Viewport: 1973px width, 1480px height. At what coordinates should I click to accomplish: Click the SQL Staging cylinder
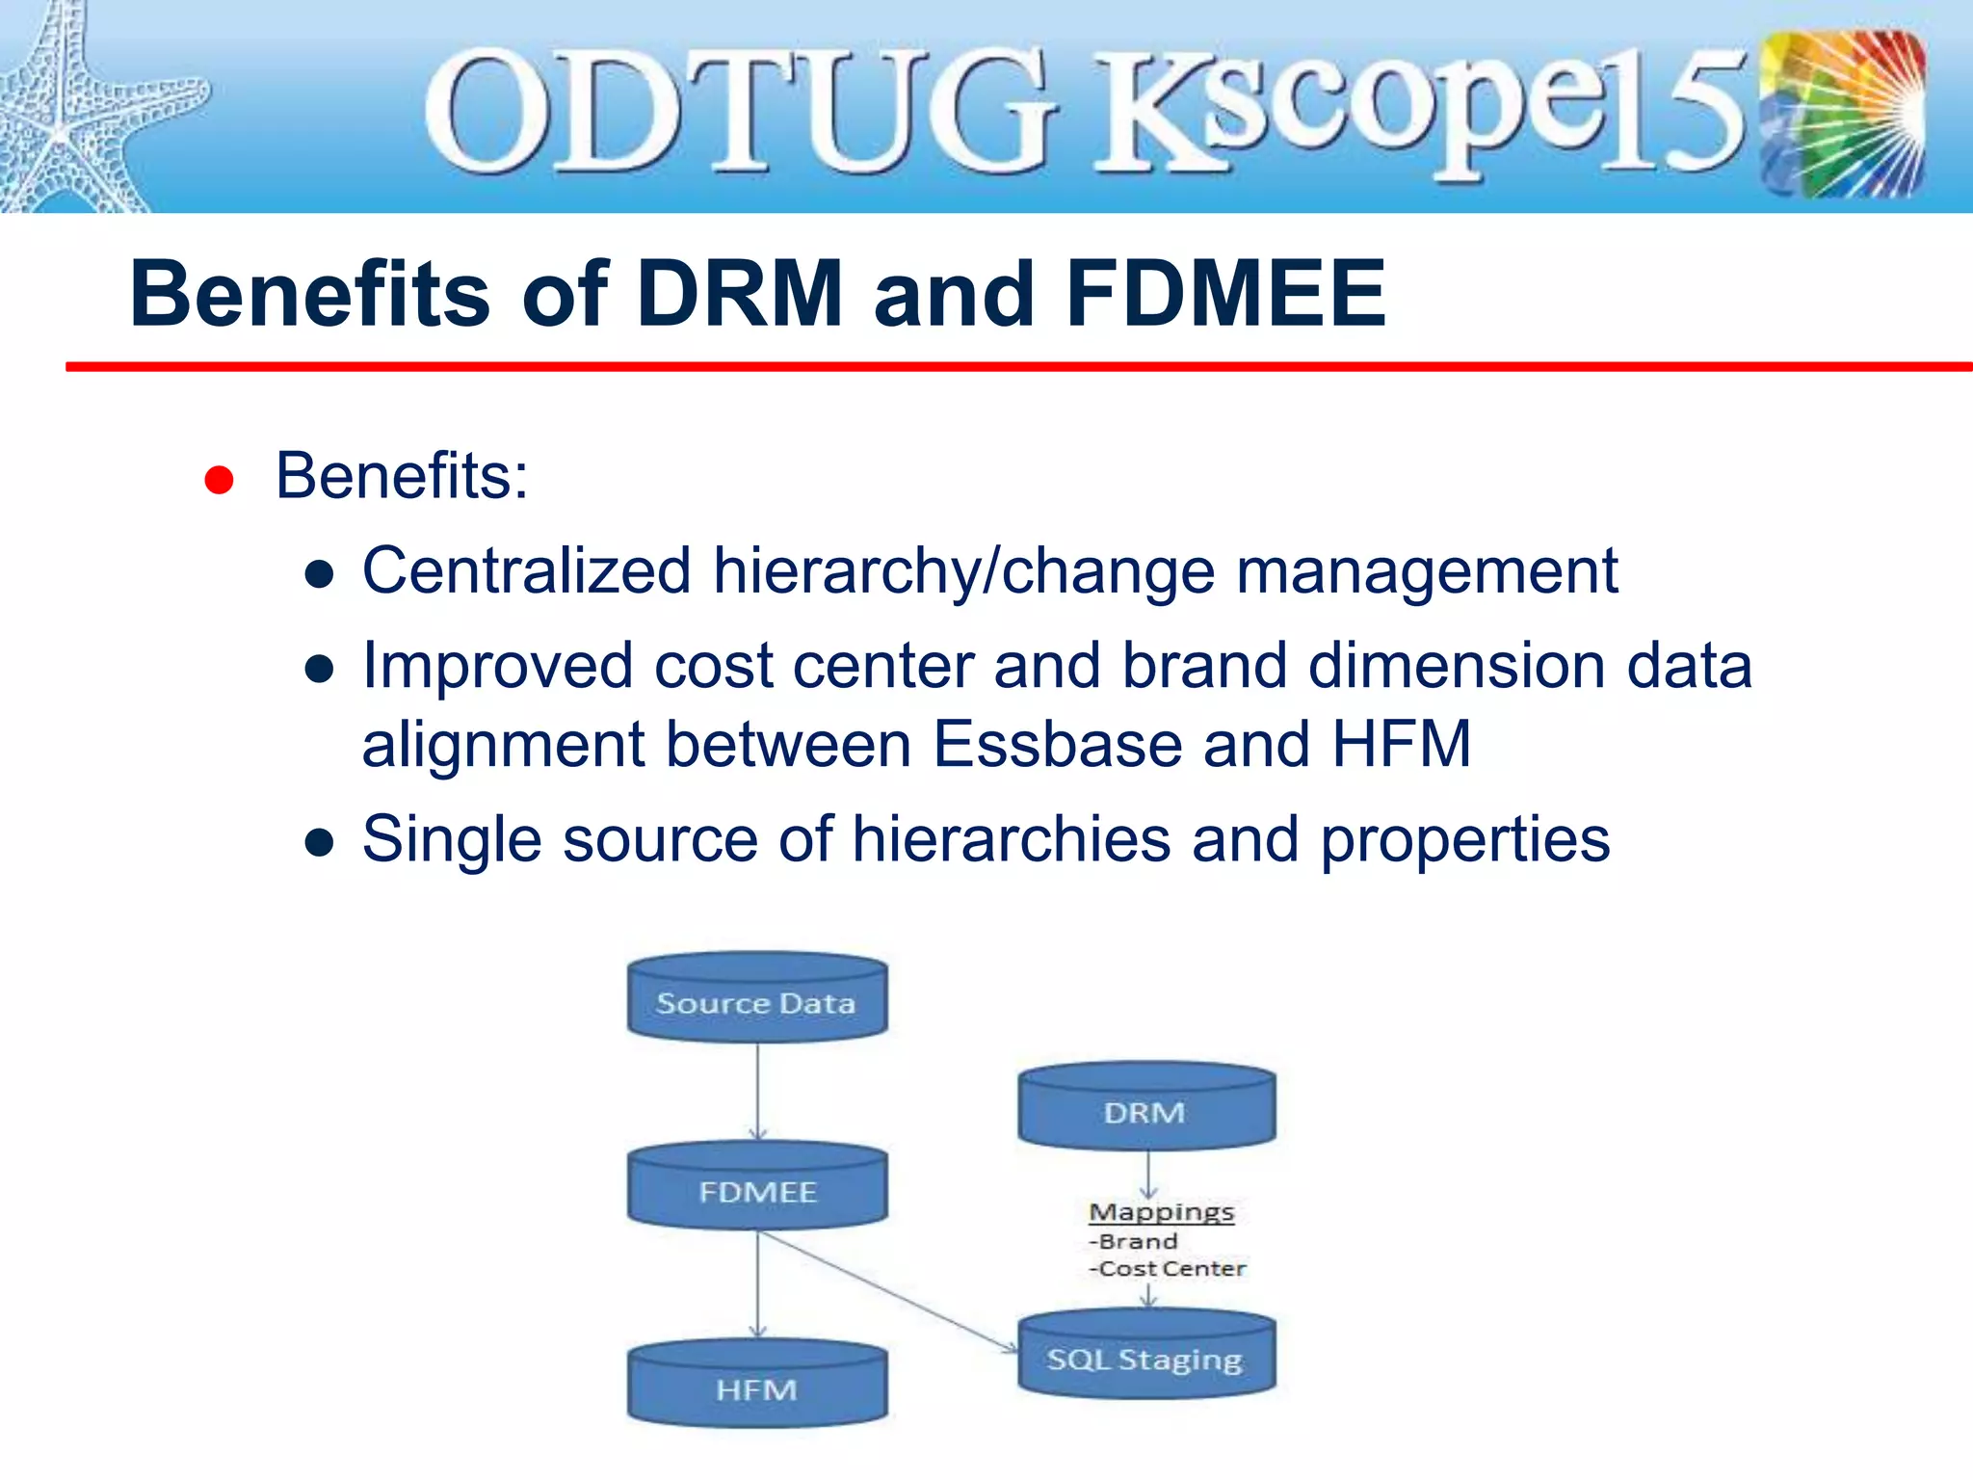1146,1357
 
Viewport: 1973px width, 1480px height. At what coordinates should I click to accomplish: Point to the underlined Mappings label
1161,1211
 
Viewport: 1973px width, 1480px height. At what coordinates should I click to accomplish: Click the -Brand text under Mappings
1134,1241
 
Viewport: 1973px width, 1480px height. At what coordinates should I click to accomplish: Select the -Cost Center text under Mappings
1169,1268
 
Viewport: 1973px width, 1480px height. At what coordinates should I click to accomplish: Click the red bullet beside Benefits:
219,480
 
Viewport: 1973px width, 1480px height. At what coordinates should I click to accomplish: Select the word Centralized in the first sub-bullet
526,570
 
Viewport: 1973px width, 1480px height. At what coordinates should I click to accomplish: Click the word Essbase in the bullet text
1057,744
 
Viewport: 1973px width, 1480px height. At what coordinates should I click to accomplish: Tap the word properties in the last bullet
1464,838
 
